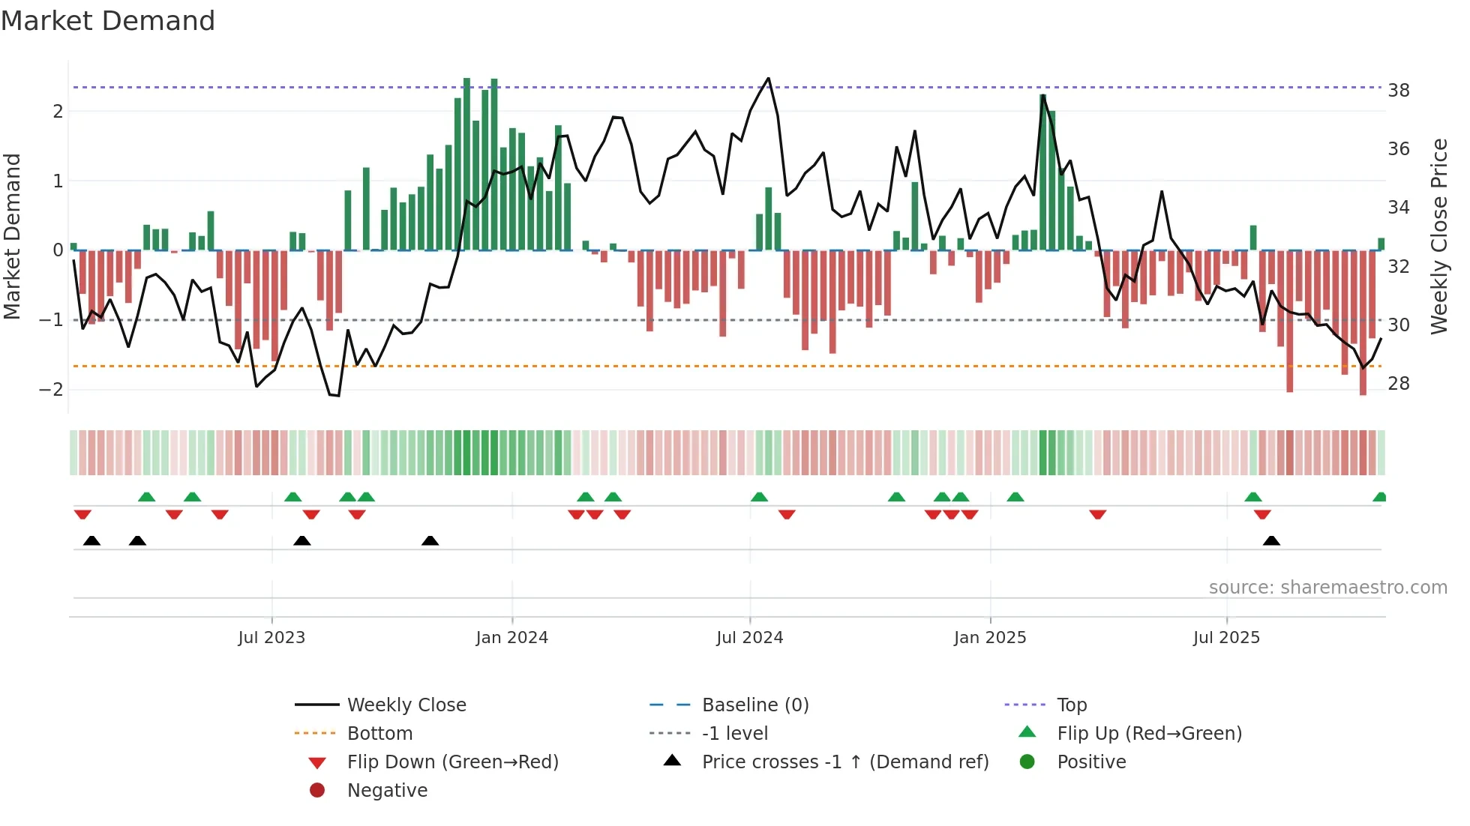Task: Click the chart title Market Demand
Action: pos(108,21)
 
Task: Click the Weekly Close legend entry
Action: pos(406,705)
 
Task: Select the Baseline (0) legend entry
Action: pos(754,705)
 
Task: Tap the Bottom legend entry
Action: pos(379,733)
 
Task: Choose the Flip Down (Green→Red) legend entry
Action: pos(452,762)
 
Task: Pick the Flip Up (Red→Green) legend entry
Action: pos(1149,733)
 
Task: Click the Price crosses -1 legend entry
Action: pos(844,762)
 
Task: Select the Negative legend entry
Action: pos(387,790)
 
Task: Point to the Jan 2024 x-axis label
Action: pos(511,638)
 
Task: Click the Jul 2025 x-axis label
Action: pos(1226,638)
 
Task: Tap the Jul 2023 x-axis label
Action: pos(271,638)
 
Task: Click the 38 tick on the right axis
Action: pos(1399,91)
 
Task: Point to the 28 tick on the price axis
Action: pos(1399,384)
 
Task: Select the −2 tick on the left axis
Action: pos(51,390)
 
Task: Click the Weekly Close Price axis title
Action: pos(1438,236)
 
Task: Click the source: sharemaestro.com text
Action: pos(1327,588)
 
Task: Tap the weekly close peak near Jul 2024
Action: pos(768,79)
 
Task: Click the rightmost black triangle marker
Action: pos(1271,540)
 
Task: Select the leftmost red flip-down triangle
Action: pos(82,514)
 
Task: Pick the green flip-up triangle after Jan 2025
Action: pos(1015,497)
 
